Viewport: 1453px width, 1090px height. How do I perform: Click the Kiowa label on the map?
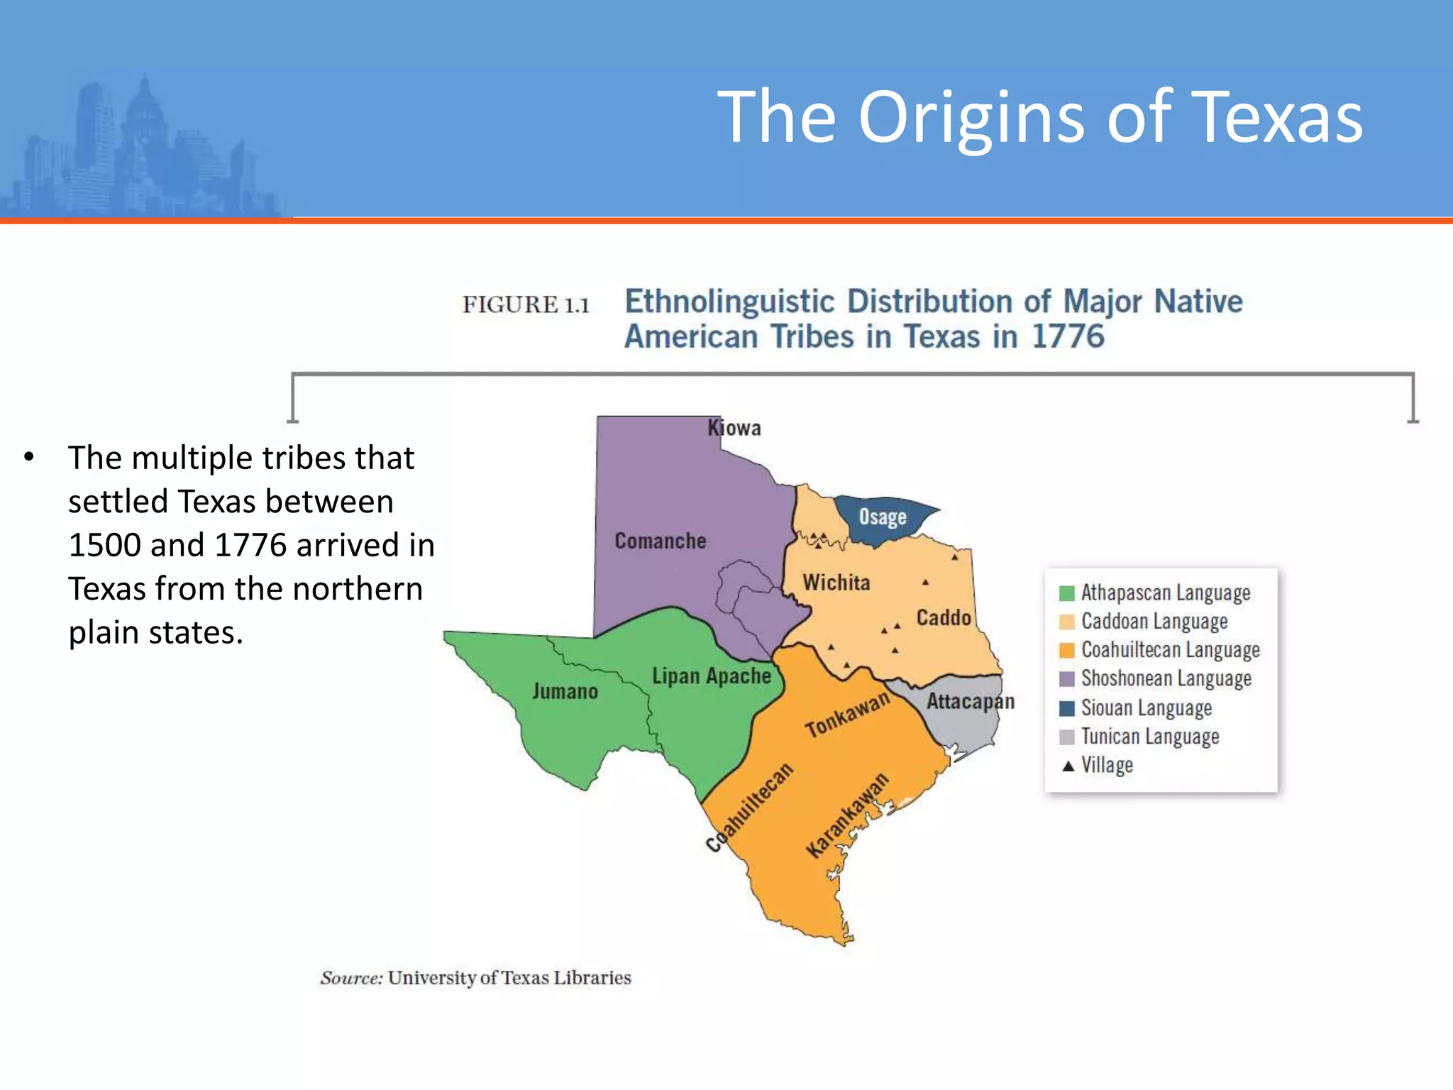734,428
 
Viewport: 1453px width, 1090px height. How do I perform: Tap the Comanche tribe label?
660,541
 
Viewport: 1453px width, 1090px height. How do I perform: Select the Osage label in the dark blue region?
883,517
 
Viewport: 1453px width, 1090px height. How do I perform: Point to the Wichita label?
836,583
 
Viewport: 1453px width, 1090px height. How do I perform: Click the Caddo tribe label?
944,617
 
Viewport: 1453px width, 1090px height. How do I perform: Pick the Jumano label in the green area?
565,691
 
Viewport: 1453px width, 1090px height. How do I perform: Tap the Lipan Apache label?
711,676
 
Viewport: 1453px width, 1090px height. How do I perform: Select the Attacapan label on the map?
970,702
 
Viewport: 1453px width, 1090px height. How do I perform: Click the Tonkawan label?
847,715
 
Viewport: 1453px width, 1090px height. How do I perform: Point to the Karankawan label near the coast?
847,816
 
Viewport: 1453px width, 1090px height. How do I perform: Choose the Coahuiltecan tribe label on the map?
749,808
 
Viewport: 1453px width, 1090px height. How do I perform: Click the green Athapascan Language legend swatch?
1066,593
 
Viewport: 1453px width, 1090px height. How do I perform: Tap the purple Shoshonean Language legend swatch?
1066,679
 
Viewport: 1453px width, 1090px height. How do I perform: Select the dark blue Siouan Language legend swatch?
1066,708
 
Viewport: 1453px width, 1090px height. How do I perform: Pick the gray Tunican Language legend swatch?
1066,737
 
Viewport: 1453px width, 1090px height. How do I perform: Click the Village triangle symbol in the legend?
1068,766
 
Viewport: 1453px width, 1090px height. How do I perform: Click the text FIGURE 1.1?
526,305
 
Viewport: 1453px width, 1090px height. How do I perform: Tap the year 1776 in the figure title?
1068,336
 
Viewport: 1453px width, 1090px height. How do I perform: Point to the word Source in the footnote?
351,978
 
